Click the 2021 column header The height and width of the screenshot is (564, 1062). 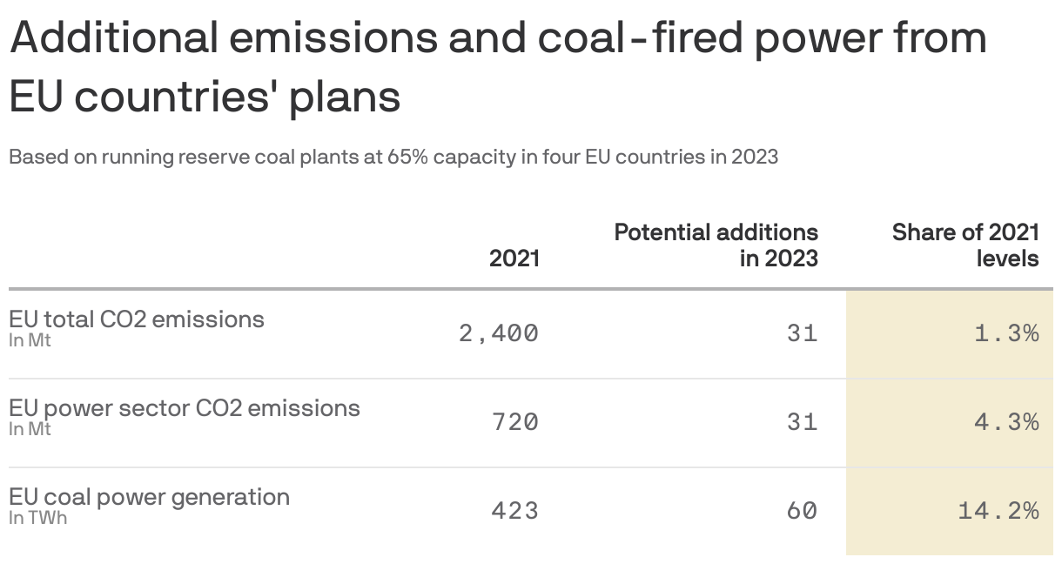coord(514,258)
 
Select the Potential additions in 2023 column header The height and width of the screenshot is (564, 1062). coord(716,245)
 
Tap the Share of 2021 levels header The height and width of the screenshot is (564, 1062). coord(965,245)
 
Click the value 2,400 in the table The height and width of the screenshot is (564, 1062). coord(499,333)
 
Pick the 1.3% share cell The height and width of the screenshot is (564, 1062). coord(1006,333)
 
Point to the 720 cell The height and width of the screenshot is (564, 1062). coord(514,422)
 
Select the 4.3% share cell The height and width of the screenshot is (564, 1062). coord(1006,422)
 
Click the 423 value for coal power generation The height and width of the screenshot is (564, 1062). coord(514,511)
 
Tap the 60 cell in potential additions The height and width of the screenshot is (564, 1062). coord(802,511)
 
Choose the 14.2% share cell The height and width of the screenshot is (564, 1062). coord(998,511)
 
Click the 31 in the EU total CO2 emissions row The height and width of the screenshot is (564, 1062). coord(802,333)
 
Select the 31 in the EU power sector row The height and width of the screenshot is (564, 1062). coord(802,422)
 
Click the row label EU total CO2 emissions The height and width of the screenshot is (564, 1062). coord(137,319)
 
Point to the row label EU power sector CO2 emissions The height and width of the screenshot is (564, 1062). coord(185,408)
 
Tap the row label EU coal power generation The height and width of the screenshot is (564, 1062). coord(150,497)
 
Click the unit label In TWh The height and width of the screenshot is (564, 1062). coord(37,518)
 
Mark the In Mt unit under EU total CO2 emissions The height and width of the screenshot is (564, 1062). coord(30,340)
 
